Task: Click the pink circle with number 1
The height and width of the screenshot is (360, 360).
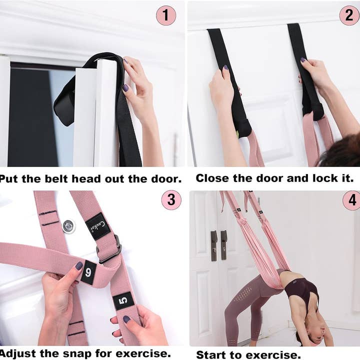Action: tap(166, 15)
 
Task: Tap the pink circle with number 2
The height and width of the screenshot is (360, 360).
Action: tap(349, 15)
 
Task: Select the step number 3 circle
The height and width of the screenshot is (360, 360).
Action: tap(171, 200)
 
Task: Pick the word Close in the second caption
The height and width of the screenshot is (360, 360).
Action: tap(212, 178)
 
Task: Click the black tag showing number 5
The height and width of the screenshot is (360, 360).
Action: tap(123, 301)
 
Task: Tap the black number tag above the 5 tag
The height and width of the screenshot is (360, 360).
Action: tap(88, 272)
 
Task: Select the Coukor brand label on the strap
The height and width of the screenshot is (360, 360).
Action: tap(97, 226)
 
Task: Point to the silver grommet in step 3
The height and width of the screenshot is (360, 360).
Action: tap(68, 226)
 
